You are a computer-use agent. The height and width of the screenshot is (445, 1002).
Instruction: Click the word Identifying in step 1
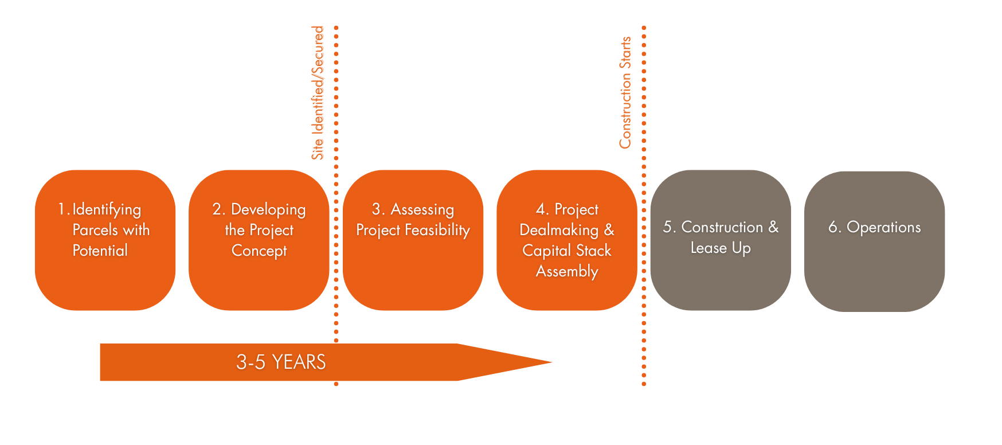(x=107, y=210)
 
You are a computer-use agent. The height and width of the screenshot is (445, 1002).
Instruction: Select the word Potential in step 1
(x=100, y=251)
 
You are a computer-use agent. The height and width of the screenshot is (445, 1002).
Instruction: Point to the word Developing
(x=268, y=210)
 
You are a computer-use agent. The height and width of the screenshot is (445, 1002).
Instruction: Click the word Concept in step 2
(x=259, y=251)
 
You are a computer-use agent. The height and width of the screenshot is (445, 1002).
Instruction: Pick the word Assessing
(x=422, y=209)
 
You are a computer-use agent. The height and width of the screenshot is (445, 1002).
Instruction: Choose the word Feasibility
(x=437, y=231)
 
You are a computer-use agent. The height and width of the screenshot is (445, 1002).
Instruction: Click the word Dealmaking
(x=559, y=230)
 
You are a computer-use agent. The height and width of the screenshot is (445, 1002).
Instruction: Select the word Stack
(x=594, y=251)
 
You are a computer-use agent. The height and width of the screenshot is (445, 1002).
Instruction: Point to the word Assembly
(x=567, y=272)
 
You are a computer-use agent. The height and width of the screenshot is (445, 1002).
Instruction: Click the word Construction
(x=722, y=227)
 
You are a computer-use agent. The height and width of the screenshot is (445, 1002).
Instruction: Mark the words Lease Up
(x=721, y=248)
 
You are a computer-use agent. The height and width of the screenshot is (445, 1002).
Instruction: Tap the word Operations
(x=884, y=228)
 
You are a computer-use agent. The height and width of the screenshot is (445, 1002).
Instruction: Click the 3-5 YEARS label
(x=281, y=362)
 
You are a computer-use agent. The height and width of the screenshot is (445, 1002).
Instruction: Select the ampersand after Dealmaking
(x=609, y=230)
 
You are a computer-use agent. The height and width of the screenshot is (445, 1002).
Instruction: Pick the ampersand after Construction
(x=774, y=227)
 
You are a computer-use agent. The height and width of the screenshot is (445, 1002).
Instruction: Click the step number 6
(x=833, y=227)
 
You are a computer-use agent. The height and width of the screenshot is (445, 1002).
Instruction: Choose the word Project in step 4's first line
(x=577, y=210)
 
